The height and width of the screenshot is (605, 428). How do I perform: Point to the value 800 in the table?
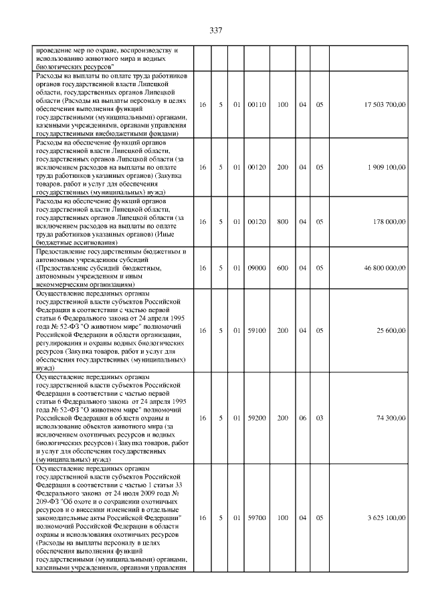point(283,221)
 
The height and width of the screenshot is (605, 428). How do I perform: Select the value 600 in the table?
point(283,267)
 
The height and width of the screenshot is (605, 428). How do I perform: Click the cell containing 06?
point(302,417)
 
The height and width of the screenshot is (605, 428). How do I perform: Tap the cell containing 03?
point(320,417)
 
